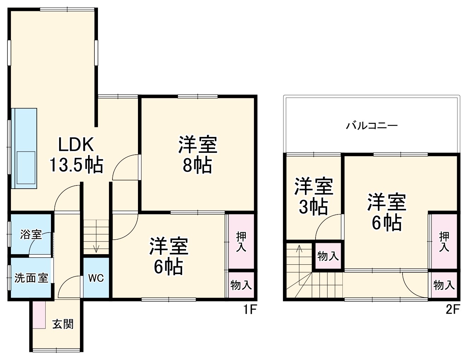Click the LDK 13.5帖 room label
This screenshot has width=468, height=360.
tap(76, 154)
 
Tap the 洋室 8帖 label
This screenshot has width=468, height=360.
tap(197, 154)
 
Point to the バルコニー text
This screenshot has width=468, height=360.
tap(372, 126)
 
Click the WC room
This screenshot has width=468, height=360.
tap(96, 278)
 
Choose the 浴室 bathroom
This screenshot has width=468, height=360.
tap(31, 234)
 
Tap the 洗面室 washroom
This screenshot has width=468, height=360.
tap(31, 278)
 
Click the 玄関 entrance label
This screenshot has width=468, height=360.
tap(63, 324)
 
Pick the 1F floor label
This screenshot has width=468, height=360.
tap(249, 310)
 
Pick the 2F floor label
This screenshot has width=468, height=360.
tap(452, 310)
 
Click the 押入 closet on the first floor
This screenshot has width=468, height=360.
tap(241, 241)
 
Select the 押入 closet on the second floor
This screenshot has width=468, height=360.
tap(444, 241)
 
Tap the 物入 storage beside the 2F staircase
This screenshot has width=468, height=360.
tap(328, 256)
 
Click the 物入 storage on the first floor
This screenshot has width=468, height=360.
tap(241, 285)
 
